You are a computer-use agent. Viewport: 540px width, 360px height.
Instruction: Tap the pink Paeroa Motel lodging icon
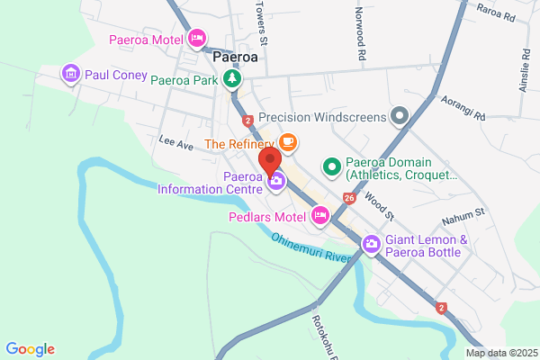(196, 39)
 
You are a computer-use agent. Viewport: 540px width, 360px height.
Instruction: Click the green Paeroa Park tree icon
(233, 79)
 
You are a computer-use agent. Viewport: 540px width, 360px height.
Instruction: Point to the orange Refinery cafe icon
(287, 142)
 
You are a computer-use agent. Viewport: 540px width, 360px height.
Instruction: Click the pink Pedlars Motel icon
(319, 215)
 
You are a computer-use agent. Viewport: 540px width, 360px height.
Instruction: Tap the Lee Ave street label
(176, 144)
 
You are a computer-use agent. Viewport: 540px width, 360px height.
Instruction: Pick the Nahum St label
(463, 217)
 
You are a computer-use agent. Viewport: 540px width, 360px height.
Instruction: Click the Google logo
(30, 349)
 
